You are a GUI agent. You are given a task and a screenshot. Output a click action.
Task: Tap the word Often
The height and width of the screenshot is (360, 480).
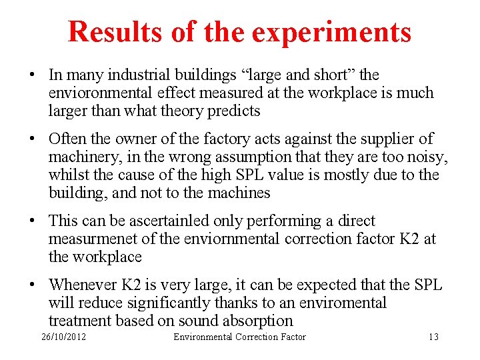tap(67, 139)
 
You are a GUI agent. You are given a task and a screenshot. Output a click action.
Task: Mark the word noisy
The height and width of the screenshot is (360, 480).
tap(430, 157)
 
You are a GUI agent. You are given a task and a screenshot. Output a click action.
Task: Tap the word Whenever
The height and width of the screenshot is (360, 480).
tap(82, 285)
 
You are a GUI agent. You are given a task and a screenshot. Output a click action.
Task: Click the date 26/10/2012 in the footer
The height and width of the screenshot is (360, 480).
tap(64, 337)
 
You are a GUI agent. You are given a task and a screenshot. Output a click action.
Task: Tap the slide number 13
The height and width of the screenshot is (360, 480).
tap(433, 337)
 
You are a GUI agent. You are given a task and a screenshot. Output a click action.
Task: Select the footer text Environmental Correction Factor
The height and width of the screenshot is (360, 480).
tap(239, 337)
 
